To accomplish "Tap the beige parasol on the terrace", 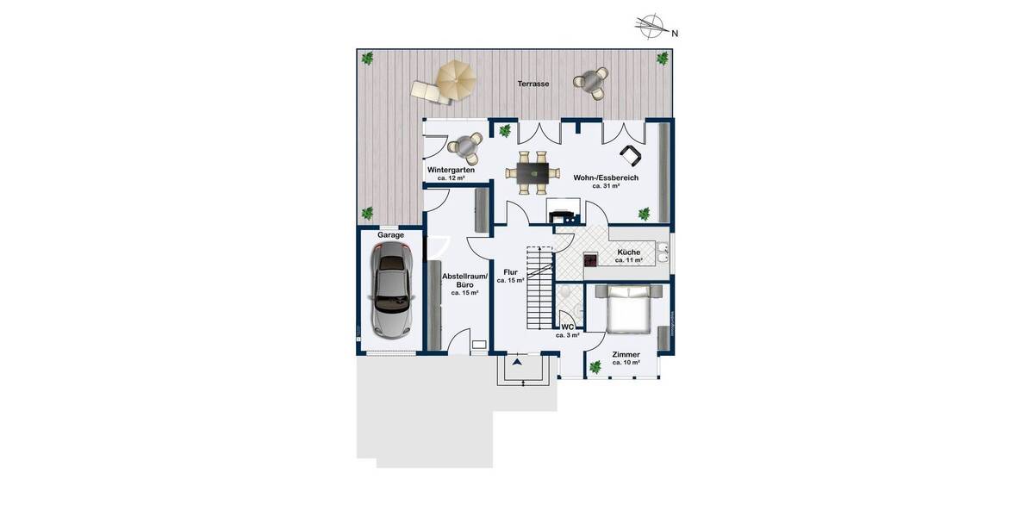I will tap(455, 79).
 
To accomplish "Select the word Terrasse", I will tap(533, 84).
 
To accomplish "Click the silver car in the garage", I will tap(390, 288).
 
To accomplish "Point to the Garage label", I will tap(390, 234).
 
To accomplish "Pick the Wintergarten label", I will tap(451, 170).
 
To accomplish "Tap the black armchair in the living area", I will tap(632, 156).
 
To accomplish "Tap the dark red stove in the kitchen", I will tap(591, 258).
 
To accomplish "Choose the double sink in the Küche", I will tap(663, 253).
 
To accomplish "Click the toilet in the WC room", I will tap(566, 296).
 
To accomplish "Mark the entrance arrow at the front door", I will tap(517, 364).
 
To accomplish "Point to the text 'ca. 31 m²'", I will tap(606, 186).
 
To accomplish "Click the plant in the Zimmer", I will tap(595, 368).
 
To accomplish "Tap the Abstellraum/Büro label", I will tap(464, 282).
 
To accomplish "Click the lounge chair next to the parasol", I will tap(427, 90).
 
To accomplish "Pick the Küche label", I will tap(628, 252).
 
